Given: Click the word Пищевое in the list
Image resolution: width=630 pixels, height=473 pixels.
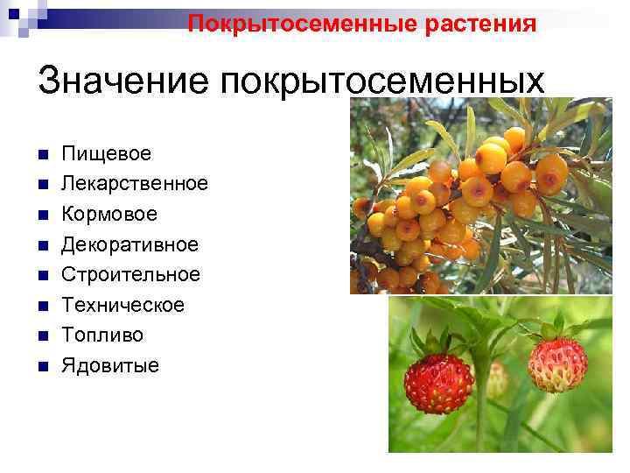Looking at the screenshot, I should point(106,154).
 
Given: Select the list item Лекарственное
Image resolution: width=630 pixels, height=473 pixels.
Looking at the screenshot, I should point(134,184).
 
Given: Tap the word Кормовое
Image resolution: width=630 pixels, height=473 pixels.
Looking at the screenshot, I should point(109,215).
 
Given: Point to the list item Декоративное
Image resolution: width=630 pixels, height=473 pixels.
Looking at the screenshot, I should point(129,244).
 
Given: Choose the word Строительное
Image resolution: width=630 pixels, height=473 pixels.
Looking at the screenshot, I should point(130,274).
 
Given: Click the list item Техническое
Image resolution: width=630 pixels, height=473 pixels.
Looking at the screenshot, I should point(122,305).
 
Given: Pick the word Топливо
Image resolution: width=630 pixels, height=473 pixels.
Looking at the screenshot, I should point(101,335).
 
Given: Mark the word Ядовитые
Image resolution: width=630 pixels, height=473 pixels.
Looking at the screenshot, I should point(109,365).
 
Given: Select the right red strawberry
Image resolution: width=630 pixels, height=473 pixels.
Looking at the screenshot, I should point(556,364).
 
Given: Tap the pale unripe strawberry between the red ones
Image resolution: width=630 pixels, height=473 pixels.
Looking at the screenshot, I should point(497,378).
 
